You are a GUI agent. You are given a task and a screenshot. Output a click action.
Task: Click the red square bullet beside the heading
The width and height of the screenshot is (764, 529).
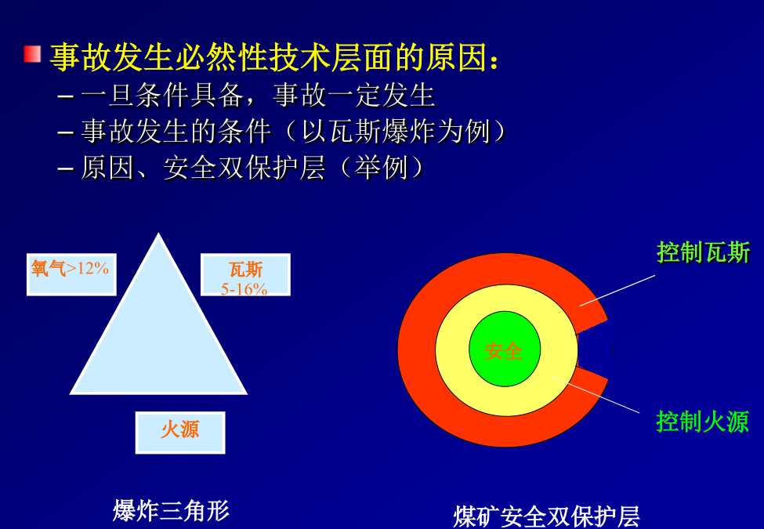pyautogui.click(x=32, y=54)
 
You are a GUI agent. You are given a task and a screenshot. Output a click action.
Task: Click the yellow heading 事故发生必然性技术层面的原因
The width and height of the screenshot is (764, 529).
pyautogui.click(x=270, y=57)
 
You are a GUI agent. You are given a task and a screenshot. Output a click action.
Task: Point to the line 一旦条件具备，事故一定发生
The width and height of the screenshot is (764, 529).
pyautogui.click(x=258, y=95)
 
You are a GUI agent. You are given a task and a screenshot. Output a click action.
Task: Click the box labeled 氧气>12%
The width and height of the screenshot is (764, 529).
pyautogui.click(x=71, y=274)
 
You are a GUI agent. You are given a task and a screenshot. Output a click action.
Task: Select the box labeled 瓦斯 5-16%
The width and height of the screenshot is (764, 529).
pyautogui.click(x=245, y=274)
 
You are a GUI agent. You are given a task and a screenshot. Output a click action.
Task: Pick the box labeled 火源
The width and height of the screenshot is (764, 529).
pyautogui.click(x=180, y=433)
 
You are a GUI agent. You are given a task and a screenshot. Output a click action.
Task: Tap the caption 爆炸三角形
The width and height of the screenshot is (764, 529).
pyautogui.click(x=171, y=510)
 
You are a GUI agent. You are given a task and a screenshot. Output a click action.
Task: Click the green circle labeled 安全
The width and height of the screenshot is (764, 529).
pyautogui.click(x=505, y=349)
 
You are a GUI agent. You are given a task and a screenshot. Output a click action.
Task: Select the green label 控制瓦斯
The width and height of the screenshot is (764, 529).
pyautogui.click(x=703, y=253)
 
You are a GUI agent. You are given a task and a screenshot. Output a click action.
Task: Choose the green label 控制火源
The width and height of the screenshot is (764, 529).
pyautogui.click(x=703, y=422)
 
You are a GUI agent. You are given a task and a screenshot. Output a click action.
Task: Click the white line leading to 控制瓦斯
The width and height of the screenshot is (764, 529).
pyautogui.click(x=617, y=290)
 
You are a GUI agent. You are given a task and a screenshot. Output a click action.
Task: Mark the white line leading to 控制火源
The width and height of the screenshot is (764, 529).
pyautogui.click(x=596, y=394)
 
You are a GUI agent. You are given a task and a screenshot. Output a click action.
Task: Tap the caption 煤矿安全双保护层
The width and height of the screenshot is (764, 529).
pyautogui.click(x=546, y=516)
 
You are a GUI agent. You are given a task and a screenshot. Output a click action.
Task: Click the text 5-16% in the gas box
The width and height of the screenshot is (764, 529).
pyautogui.click(x=244, y=289)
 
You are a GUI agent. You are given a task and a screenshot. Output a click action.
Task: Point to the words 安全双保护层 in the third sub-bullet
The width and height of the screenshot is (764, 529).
pyautogui.click(x=244, y=168)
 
